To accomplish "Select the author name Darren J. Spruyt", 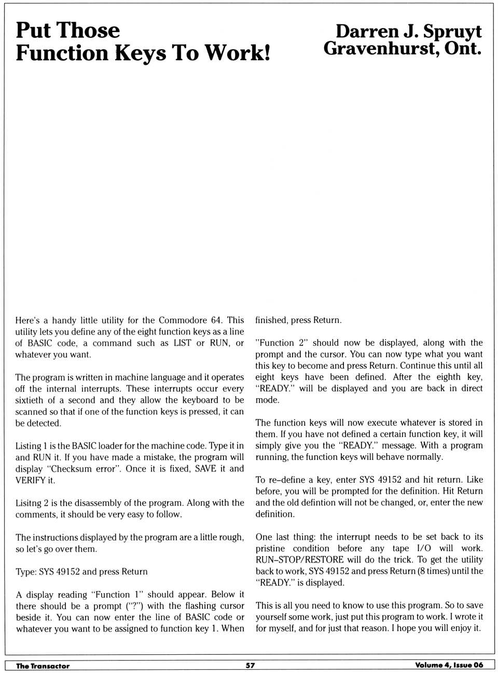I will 408,31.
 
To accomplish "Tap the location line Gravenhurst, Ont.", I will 402,49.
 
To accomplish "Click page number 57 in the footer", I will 250,665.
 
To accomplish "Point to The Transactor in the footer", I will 43,666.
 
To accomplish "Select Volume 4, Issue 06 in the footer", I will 449,665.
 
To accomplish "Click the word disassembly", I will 99,502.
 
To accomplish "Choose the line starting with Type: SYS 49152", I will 81,571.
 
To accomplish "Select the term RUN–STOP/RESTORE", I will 299,559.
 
